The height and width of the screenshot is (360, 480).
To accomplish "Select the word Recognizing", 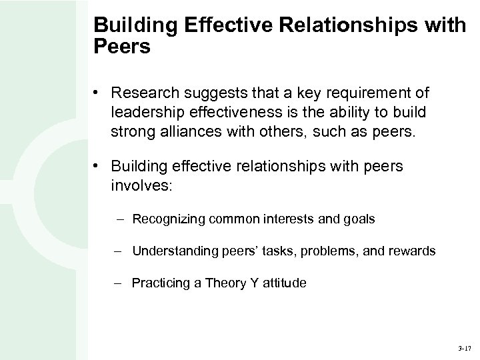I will [x=169, y=219].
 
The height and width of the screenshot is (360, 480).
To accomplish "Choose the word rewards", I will [x=411, y=251].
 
